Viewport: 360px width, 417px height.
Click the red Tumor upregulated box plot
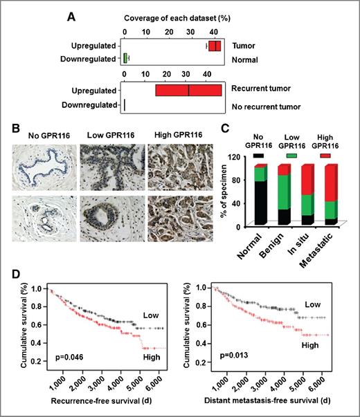[x=215, y=46]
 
